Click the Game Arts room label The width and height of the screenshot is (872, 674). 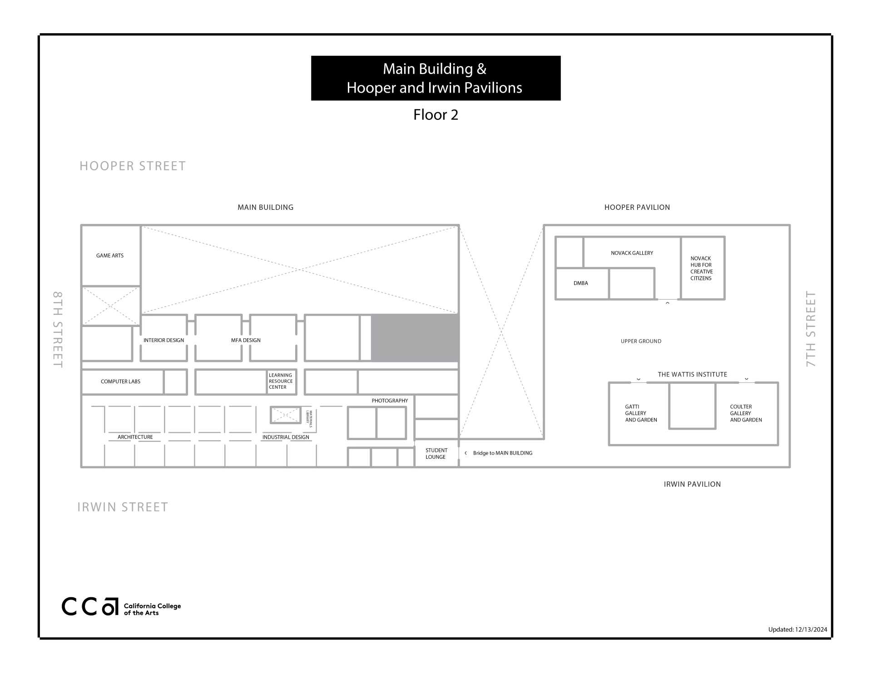[110, 256]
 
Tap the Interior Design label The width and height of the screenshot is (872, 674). [163, 340]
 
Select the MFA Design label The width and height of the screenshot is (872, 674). [246, 340]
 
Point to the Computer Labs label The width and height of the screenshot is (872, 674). [120, 382]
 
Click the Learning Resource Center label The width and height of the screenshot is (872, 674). [281, 381]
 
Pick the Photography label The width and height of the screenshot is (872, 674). [390, 401]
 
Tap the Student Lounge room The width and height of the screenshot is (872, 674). [436, 454]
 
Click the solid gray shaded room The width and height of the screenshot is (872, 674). [415, 338]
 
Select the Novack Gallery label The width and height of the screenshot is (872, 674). [632, 253]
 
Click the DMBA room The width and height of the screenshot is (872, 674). [580, 283]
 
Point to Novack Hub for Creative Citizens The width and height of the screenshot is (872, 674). [701, 268]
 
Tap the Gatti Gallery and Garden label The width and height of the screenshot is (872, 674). [641, 413]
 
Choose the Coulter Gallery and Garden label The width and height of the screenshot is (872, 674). [746, 413]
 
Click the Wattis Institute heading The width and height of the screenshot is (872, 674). [692, 374]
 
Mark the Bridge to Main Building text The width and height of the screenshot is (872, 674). [502, 453]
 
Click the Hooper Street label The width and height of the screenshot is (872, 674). [133, 166]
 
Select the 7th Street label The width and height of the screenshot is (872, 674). [811, 329]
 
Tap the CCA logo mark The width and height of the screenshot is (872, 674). [90, 606]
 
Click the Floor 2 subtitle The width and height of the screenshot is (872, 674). [436, 114]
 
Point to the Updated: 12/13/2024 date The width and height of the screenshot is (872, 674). [798, 629]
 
